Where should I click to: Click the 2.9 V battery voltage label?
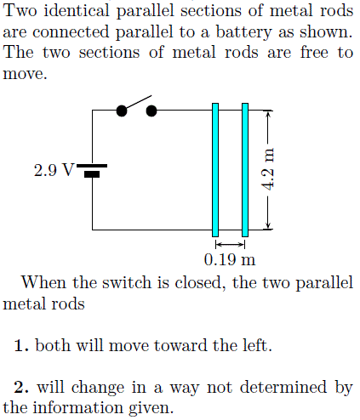54,170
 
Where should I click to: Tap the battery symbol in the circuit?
92,170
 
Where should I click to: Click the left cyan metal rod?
215,169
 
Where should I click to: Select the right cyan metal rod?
245,169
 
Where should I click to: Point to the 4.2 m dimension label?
269,169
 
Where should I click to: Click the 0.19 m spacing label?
230,258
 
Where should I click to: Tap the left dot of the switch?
123,111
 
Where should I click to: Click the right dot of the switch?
152,111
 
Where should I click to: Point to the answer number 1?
21,345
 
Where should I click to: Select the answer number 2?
21,388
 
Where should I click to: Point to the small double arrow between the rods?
230,244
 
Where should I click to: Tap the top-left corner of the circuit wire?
93,111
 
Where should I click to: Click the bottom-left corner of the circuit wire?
93,230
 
